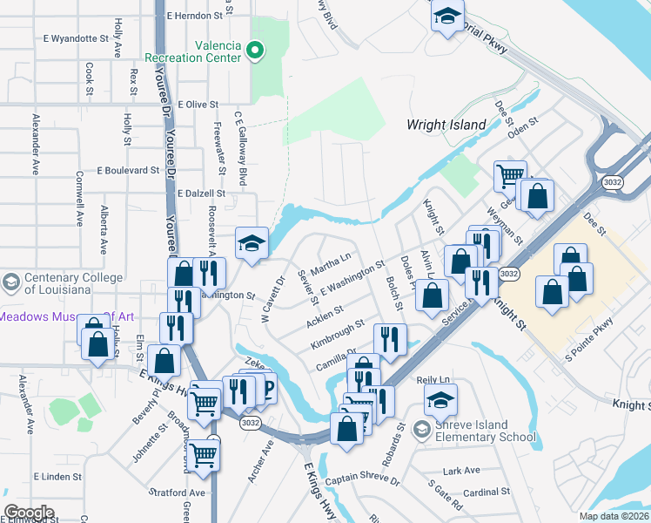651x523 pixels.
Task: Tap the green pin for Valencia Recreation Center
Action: [255, 51]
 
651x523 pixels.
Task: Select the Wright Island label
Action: [446, 125]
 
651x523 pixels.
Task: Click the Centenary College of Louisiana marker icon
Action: [10, 282]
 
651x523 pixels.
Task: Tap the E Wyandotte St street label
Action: [75, 39]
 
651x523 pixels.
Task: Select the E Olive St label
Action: [198, 104]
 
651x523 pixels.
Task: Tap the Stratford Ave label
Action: [177, 492]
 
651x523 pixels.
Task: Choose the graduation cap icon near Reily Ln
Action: [440, 400]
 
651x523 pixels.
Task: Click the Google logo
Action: [29, 513]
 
